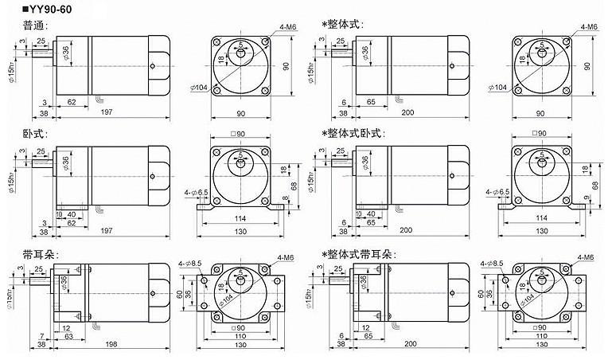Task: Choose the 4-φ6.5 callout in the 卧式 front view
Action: pos(197,191)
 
